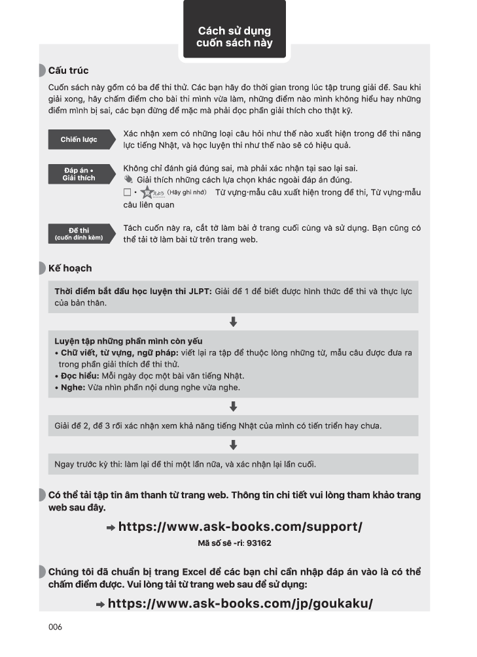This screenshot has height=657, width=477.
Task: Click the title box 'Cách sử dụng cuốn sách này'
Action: (234, 36)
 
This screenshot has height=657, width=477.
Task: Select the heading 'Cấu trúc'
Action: (68, 71)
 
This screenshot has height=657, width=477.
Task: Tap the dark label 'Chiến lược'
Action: (79, 139)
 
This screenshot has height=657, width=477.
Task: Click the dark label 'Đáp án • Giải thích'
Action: (79, 174)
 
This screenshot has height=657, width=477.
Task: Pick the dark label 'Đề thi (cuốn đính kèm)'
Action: (79, 234)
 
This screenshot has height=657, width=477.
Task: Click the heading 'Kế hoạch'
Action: (69, 268)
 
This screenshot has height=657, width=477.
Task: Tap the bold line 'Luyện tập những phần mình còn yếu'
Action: (128, 341)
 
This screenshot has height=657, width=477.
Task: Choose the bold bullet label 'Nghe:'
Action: (73, 388)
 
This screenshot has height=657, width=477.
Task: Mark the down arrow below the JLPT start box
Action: (233, 322)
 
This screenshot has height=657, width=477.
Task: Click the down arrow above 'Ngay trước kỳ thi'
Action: (233, 445)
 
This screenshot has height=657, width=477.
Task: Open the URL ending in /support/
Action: (239, 526)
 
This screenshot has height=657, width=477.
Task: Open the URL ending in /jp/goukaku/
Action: (239, 603)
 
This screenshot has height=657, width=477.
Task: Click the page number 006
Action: (55, 627)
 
